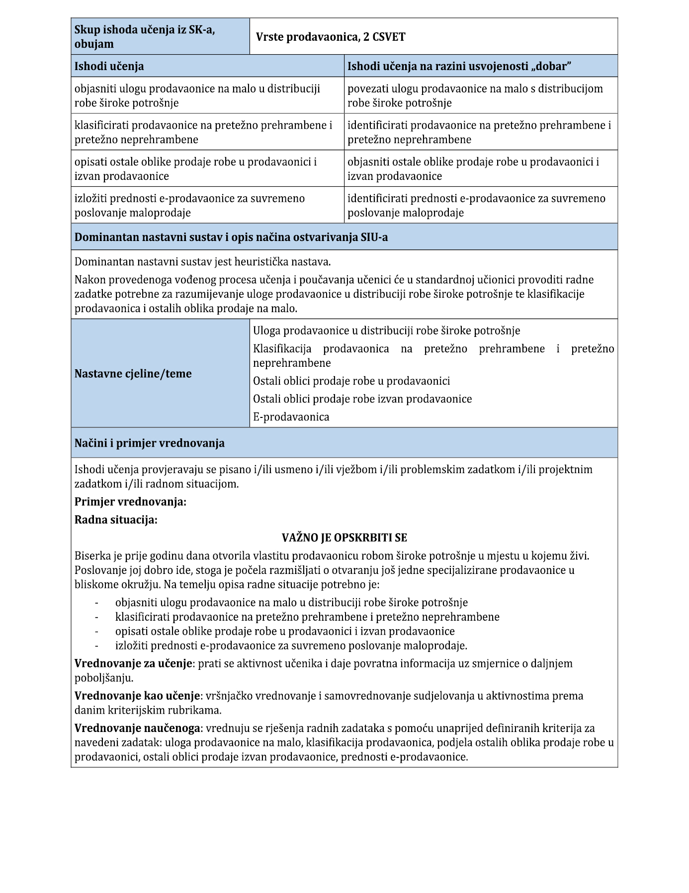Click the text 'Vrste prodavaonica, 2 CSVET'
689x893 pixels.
pos(330,37)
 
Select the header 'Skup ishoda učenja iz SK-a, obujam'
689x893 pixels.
pos(144,37)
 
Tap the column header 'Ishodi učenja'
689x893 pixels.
pos(109,66)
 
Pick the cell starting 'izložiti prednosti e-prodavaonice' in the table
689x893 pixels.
pos(189,205)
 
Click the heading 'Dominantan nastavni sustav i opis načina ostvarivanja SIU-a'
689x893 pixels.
pos(231,237)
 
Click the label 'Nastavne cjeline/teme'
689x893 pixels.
pos(133,373)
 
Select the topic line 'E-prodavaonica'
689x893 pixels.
pos(291,416)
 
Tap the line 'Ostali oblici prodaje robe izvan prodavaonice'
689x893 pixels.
pos(362,399)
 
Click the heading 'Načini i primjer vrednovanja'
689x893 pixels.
pos(149,443)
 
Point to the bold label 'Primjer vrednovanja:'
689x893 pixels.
pos(130,501)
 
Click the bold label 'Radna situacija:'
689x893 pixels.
pos(116,519)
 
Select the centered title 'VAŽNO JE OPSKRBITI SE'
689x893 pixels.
pos(344,537)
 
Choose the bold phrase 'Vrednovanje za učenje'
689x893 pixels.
pos(133,663)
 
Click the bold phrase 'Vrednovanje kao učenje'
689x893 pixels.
pos(137,695)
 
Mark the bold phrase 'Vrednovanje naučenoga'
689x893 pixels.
pos(137,728)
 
